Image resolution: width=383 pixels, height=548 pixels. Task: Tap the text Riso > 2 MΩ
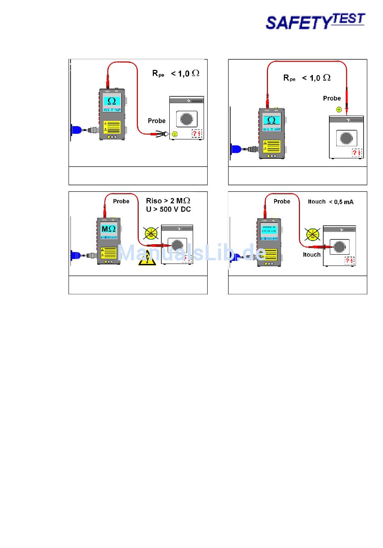pyautogui.click(x=168, y=201)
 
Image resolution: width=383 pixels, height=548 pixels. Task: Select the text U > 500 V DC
pyautogui.click(x=168, y=210)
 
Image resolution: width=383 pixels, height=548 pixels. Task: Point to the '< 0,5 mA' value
pyautogui.click(x=341, y=202)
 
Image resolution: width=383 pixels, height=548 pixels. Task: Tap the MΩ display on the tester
pyautogui.click(x=108, y=230)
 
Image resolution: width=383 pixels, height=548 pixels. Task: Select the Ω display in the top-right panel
pyautogui.click(x=272, y=120)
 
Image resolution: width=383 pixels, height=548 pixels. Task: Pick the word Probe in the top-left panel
pyautogui.click(x=156, y=121)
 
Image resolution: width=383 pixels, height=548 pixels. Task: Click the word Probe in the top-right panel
pyautogui.click(x=332, y=98)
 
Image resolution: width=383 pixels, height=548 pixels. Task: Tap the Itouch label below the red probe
pyautogui.click(x=312, y=255)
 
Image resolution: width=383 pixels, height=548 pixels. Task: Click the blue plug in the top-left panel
pyautogui.click(x=76, y=131)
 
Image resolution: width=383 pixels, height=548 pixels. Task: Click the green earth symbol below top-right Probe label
pyautogui.click(x=339, y=109)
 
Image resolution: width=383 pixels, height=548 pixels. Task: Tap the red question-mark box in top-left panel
pyautogui.click(x=196, y=133)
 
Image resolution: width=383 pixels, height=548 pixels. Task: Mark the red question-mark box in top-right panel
pyautogui.click(x=357, y=153)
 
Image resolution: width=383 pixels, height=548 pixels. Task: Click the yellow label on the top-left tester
pyautogui.click(x=112, y=127)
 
